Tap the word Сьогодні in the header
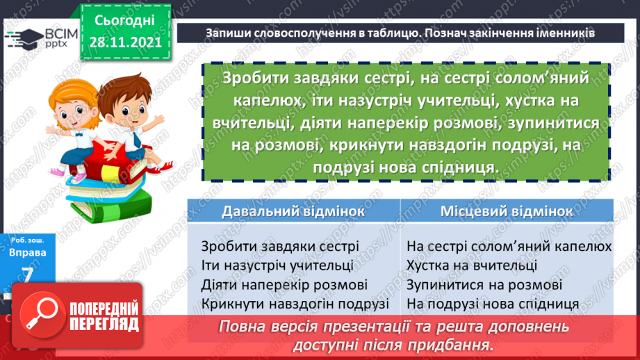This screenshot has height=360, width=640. (125, 21)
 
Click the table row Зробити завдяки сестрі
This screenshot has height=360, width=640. (279, 246)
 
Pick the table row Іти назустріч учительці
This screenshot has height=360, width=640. (277, 265)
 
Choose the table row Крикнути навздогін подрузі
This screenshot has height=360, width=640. (295, 304)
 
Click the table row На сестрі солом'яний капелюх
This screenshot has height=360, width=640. (509, 246)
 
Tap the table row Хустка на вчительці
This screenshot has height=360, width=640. (472, 265)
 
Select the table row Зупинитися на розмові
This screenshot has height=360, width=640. (484, 284)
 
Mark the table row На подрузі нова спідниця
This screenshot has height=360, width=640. (493, 304)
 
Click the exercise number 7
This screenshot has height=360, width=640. (28, 276)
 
